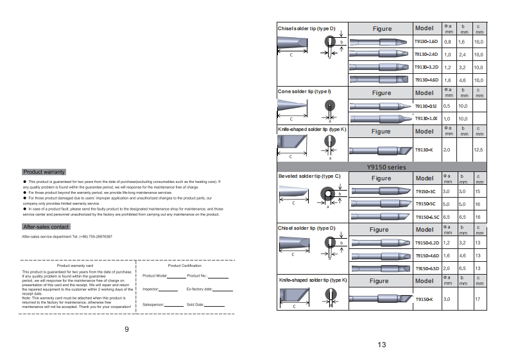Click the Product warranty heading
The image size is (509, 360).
coord(44,172)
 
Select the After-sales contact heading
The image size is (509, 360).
coord(46,227)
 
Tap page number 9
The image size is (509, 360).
coord(126,329)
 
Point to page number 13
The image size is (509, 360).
coord(381,345)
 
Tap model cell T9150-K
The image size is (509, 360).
coord(426,299)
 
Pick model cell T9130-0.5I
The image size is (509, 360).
coord(426,105)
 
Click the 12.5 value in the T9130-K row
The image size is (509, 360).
coord(478,150)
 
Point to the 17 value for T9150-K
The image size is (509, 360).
coord(478,299)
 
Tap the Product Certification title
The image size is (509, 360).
coord(184,265)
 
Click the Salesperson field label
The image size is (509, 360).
coord(154,304)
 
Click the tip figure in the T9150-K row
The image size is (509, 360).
coord(381,298)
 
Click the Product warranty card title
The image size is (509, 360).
coord(75,265)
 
